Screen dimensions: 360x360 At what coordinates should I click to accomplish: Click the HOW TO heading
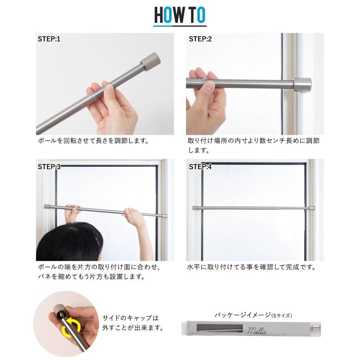[180, 15]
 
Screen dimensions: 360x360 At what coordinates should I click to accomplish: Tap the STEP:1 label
[49, 39]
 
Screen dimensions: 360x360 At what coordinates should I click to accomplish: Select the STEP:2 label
[200, 39]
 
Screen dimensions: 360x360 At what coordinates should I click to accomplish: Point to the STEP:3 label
[49, 167]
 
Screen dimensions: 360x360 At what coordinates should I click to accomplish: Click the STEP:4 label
[200, 167]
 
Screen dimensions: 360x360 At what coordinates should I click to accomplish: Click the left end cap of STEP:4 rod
[195, 208]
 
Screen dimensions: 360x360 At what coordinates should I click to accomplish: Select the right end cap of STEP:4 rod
[312, 208]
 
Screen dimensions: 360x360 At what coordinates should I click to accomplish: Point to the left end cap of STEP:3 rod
[46, 207]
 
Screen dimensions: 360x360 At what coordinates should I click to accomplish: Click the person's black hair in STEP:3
[70, 242]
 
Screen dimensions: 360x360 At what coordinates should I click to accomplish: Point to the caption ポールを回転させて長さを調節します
[93, 141]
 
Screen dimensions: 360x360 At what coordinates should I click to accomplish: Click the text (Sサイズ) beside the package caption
[282, 316]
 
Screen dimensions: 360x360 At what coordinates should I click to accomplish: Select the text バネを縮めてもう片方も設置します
[91, 277]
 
